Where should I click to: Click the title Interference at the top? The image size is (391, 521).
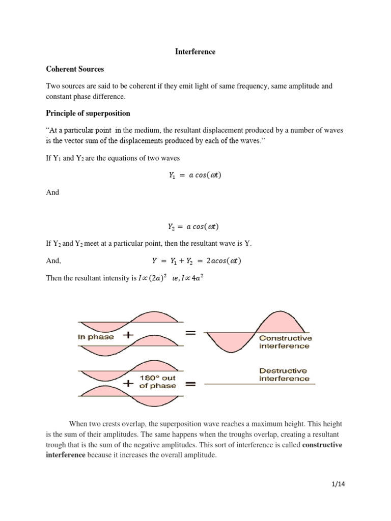click(x=195, y=51)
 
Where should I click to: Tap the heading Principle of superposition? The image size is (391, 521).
click(x=88, y=113)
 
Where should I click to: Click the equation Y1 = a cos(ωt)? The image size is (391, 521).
click(x=195, y=175)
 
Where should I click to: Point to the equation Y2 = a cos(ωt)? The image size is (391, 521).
click(x=195, y=226)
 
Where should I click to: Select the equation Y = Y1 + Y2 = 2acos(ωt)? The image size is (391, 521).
click(x=197, y=260)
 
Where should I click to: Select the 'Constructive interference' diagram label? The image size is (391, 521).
click(x=285, y=342)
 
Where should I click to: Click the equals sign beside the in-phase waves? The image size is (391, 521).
click(x=190, y=334)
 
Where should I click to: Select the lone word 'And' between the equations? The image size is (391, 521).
click(x=52, y=192)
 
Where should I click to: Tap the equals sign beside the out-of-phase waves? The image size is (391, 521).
click(x=190, y=385)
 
